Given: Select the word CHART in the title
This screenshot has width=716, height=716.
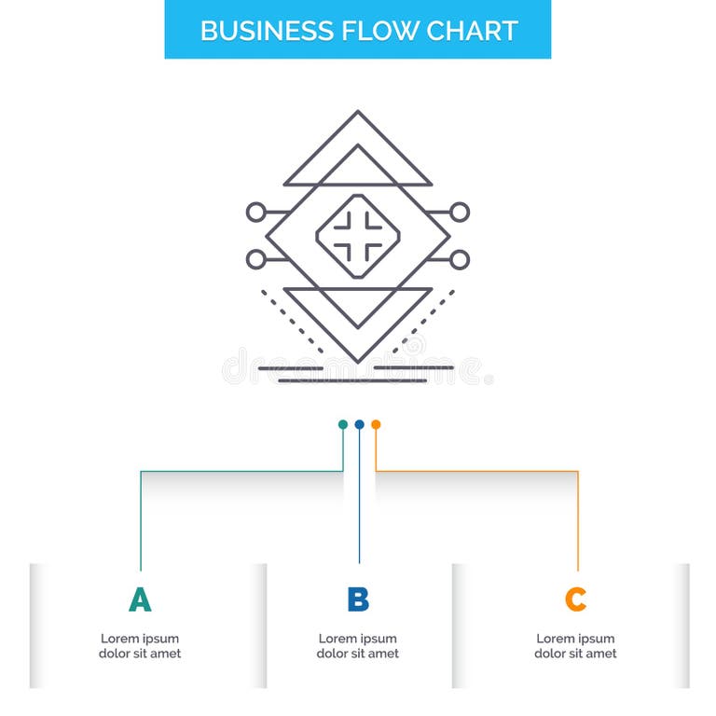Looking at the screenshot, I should tap(472, 30).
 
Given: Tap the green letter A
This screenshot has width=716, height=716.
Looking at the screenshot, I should tap(140, 599).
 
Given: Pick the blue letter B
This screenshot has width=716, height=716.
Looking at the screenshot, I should tap(358, 599).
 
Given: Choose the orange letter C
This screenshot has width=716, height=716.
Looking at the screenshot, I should tap(576, 599).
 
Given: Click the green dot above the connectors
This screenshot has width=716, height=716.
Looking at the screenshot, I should tap(343, 424).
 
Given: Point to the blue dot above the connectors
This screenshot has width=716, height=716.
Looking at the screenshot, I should tap(359, 424).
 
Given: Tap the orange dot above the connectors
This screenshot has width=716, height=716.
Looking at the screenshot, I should tap(376, 424).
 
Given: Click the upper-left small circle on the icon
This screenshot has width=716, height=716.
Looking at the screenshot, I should tap(255, 213).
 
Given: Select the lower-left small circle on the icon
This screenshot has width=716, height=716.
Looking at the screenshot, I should tap(255, 259).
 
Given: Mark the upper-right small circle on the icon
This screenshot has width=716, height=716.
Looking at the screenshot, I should tap(460, 213).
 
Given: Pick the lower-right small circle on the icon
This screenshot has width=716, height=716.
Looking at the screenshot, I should tap(460, 259).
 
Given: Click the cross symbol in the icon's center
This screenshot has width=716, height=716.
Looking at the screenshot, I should tap(358, 235).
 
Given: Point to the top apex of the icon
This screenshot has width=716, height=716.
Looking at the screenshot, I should tap(358, 112).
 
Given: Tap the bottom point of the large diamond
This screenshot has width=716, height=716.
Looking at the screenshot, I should tap(358, 361).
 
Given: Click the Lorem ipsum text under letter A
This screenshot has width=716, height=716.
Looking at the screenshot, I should tap(140, 646).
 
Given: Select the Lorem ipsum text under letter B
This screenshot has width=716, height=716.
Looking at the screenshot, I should tap(358, 646).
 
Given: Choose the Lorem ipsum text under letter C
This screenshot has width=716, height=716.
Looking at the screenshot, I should tap(576, 646).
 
